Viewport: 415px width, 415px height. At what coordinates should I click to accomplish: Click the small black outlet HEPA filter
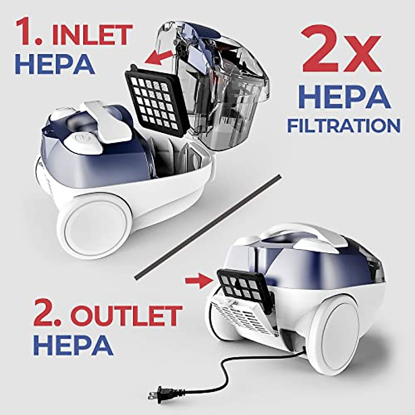click(244, 285)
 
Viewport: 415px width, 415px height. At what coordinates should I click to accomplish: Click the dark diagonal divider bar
click(207, 227)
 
